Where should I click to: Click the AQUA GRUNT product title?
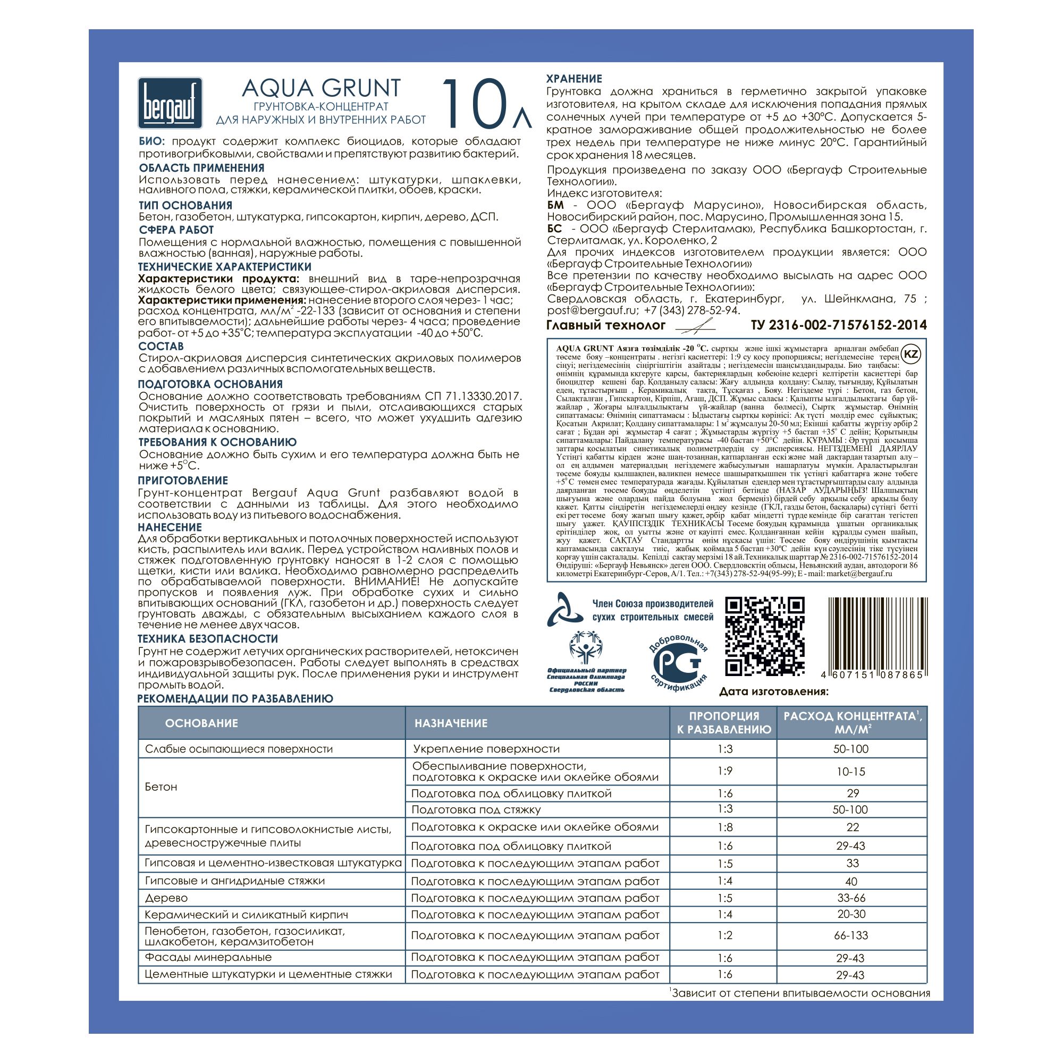pos(321,88)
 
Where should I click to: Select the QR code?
pos(765,637)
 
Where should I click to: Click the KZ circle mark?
pos(911,354)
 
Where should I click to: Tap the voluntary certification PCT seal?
pos(678,662)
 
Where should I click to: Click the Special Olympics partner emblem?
pos(586,659)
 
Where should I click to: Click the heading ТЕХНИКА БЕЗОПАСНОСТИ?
pos(207,639)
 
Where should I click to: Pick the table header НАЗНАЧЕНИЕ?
pos(451,723)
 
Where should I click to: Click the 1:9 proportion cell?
pos(724,771)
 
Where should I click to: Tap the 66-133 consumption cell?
pos(850,935)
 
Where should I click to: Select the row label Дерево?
pos(166,898)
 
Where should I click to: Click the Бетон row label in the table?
pos(161,787)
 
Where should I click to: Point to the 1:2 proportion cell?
pos(724,935)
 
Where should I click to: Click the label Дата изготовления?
pos(773,691)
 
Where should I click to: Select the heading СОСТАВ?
pos(161,346)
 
